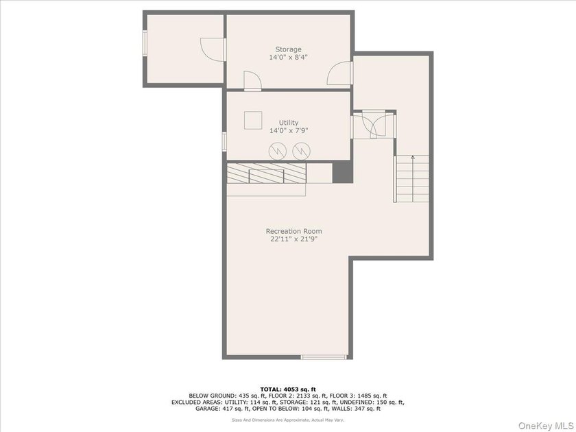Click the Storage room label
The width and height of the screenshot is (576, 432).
[x=289, y=49]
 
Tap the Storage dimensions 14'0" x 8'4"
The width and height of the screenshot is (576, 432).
[x=289, y=58]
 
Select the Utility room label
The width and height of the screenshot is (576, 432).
[x=289, y=122]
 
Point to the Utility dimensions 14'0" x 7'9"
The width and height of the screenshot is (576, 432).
[x=289, y=130]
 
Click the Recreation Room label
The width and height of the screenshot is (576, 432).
[x=294, y=231]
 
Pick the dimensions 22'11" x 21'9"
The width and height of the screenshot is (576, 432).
[x=294, y=239]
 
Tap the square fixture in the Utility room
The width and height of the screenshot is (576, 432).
[x=253, y=120]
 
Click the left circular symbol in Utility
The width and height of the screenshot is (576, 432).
[x=278, y=151]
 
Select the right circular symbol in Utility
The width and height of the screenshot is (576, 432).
[x=301, y=151]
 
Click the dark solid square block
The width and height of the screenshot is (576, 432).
[x=343, y=172]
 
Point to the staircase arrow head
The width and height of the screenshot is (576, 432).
[x=413, y=158]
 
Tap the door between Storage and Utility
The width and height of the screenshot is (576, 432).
[x=253, y=80]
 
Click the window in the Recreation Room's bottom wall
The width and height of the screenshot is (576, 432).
[x=324, y=357]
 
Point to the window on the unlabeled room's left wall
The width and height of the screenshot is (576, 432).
[x=145, y=43]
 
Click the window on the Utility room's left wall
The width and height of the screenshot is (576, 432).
[x=224, y=141]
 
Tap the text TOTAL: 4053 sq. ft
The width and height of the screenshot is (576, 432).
[x=288, y=389]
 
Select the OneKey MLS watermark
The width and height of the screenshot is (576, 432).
[x=545, y=426]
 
